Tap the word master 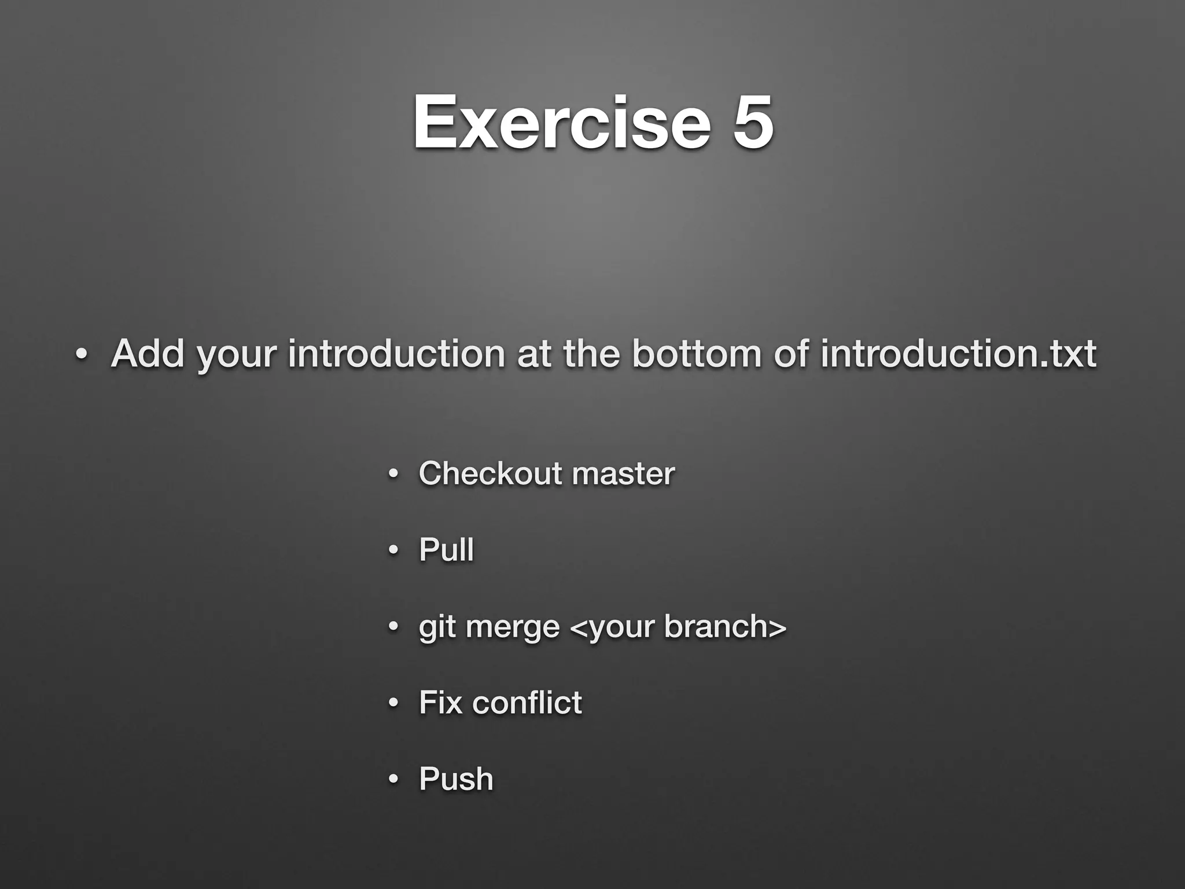[x=623, y=474]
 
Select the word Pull [x=446, y=549]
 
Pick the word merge [x=513, y=627]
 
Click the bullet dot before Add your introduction [x=82, y=354]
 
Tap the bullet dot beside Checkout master [x=393, y=474]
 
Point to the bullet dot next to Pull [x=393, y=550]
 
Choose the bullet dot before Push [x=393, y=780]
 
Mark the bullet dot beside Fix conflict [x=393, y=703]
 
